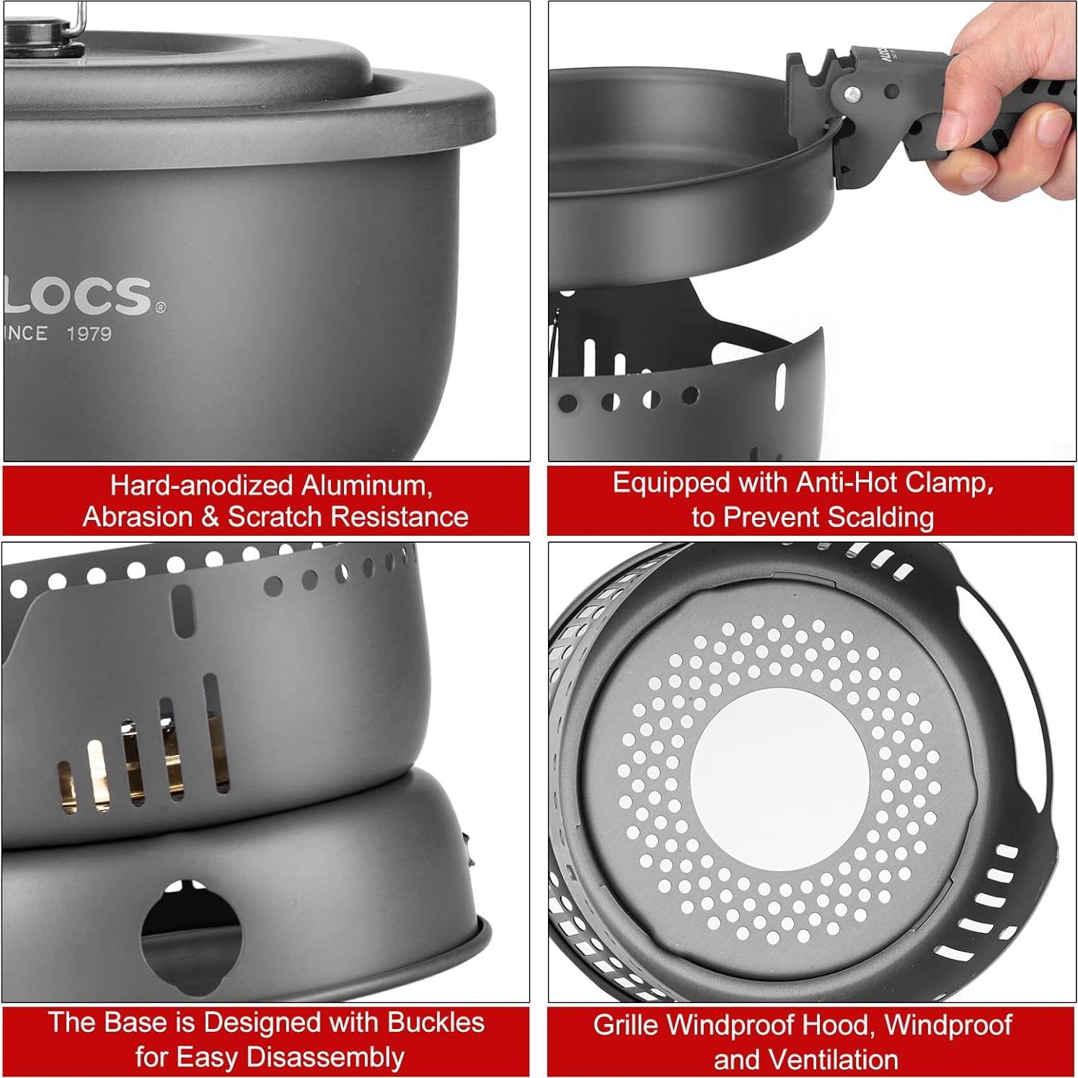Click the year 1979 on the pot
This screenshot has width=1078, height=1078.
[x=89, y=334]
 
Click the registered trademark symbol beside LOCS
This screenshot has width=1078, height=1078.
[x=160, y=308]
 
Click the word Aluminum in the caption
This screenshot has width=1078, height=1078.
[x=366, y=485]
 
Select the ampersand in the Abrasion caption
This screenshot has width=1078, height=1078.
[x=209, y=517]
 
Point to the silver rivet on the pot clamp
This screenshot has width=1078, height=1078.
[x=852, y=94]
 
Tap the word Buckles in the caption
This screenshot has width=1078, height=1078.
[x=436, y=1022]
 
